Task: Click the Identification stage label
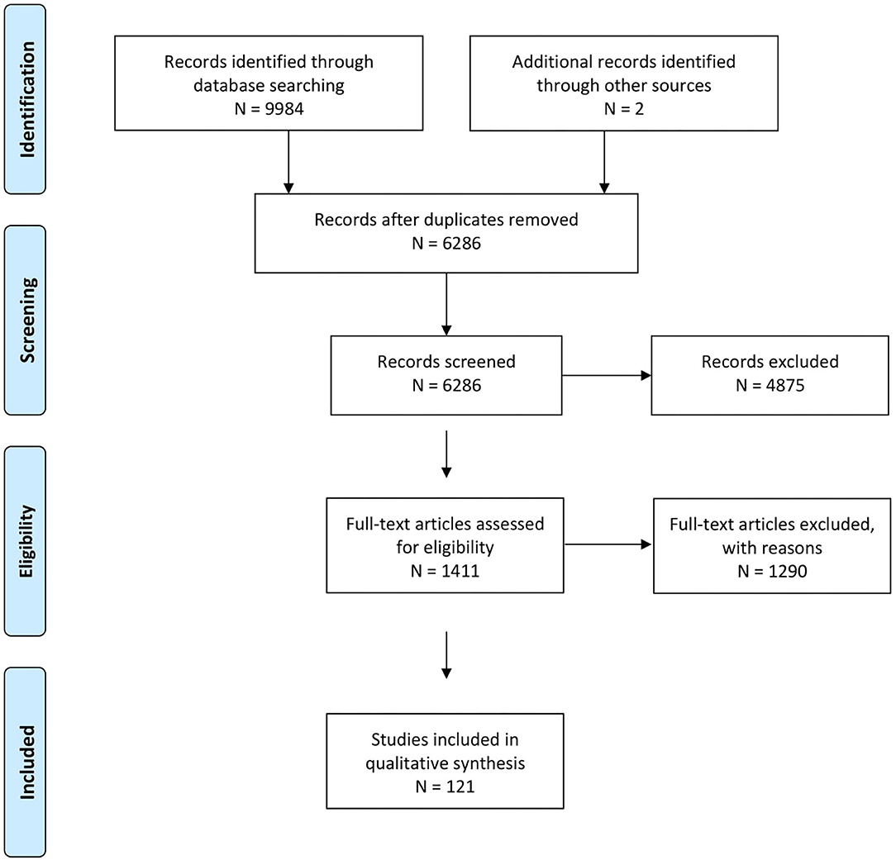click(26, 99)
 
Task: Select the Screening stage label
click(26, 321)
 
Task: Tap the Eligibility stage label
click(26, 541)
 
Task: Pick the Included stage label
click(26, 763)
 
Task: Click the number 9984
click(284, 108)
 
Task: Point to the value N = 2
click(624, 108)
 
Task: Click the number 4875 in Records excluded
click(785, 386)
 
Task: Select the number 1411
click(460, 571)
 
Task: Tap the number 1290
click(788, 571)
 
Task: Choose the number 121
click(460, 787)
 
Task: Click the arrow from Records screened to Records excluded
click(606, 375)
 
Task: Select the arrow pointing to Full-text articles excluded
click(608, 544)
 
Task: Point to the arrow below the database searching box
click(288, 162)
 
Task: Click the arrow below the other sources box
click(604, 162)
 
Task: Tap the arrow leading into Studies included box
click(446, 655)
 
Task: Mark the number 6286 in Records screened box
click(462, 386)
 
